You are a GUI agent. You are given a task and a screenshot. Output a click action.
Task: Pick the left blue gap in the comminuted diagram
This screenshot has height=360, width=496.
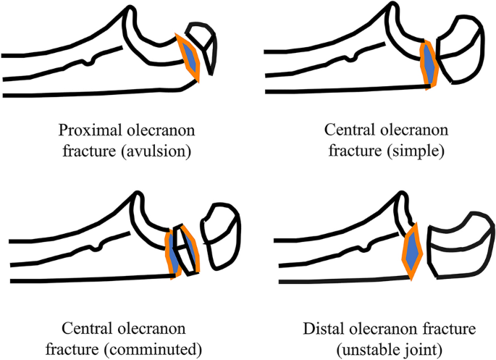[x=174, y=251]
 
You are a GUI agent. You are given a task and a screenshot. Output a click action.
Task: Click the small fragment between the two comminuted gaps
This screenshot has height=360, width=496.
[x=182, y=250]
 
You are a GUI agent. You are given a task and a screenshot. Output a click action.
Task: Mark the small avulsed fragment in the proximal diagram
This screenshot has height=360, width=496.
[x=203, y=45]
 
